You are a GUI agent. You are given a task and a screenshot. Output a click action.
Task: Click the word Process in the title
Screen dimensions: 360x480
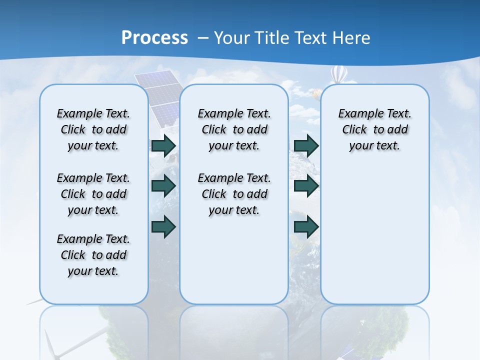pos(154,37)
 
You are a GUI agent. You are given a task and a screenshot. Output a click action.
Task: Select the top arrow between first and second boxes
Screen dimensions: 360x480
pos(163,145)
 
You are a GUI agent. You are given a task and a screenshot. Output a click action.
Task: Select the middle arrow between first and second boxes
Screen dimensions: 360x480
pos(163,186)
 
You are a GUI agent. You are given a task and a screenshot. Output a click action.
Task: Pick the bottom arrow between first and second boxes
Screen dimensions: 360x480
pos(163,226)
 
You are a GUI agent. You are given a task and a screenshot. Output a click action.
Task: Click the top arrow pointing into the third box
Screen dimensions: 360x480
pos(306,145)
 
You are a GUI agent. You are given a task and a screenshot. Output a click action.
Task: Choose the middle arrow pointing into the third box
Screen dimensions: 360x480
pos(306,186)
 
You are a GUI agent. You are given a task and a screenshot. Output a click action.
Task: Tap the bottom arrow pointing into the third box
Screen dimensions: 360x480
pos(306,226)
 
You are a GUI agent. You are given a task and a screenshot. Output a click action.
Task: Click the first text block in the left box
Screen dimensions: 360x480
pos(93,129)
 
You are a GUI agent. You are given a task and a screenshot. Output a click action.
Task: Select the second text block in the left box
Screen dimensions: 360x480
pos(93,194)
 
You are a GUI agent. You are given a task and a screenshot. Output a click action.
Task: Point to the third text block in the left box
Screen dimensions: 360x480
pos(93,255)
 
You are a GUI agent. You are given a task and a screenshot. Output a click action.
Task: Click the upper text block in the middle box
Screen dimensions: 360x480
pos(234,129)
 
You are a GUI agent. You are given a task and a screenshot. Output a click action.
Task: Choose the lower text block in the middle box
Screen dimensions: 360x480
pos(234,194)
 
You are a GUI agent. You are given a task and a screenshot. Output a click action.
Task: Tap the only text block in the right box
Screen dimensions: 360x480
pos(374,129)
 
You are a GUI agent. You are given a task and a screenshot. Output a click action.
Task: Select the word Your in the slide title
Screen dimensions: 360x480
pos(233,37)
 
